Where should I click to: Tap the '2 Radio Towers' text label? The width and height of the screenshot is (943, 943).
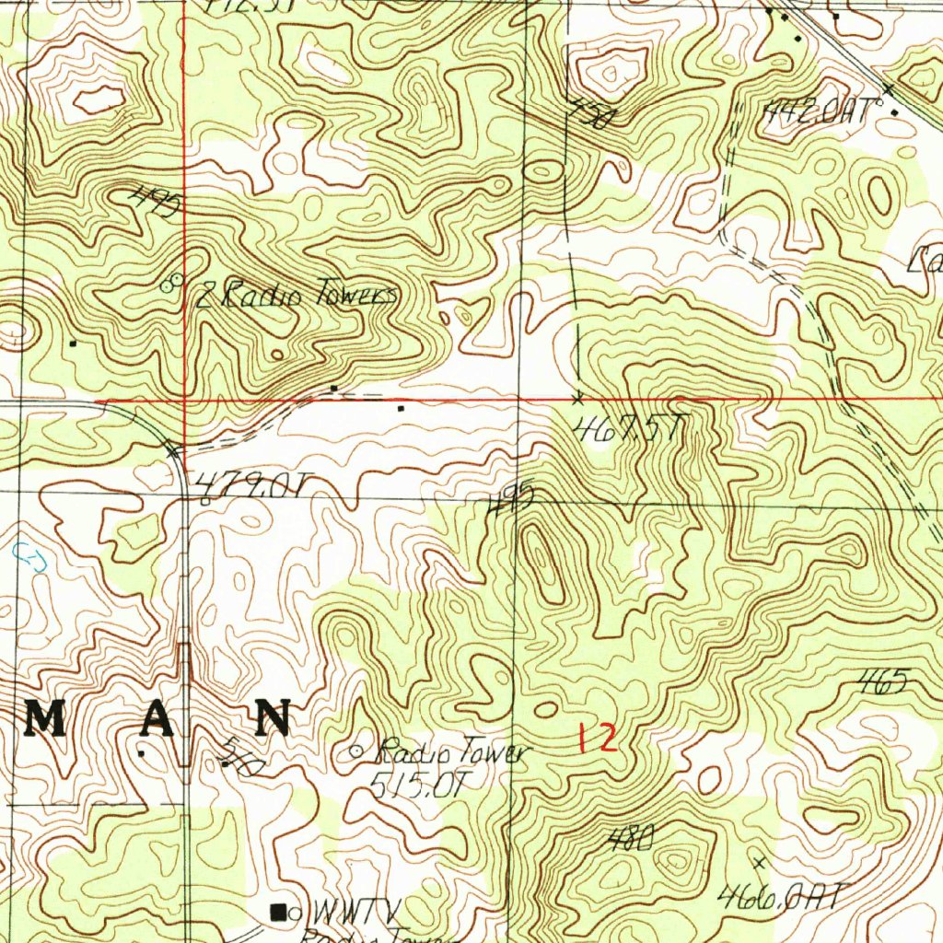(x=297, y=296)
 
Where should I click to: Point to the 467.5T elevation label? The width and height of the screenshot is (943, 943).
(x=629, y=428)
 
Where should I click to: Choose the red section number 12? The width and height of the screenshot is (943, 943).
(x=596, y=739)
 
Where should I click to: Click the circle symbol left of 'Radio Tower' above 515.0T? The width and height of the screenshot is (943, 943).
(x=357, y=752)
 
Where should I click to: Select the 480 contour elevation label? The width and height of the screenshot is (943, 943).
(x=631, y=838)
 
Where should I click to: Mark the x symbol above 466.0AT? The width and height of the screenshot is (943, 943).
(x=760, y=862)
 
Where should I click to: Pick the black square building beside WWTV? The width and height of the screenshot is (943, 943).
(x=276, y=912)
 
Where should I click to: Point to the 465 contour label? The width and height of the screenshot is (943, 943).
(x=882, y=682)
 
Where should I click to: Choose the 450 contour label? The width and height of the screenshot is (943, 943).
(x=587, y=115)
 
